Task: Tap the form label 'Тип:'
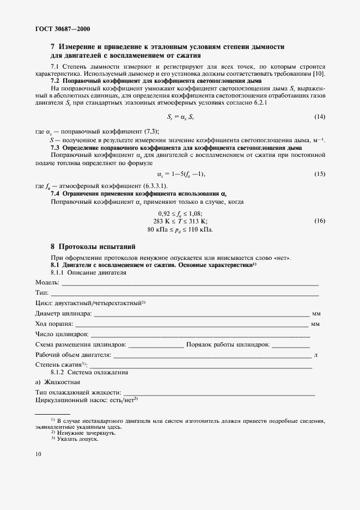point(42,293)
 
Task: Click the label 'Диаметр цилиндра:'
point(64,314)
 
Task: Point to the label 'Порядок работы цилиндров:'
point(228,345)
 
